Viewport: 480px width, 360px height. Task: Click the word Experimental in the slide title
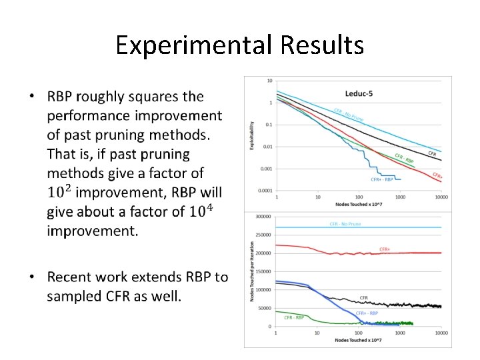[x=193, y=45]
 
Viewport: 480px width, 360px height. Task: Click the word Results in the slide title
[x=322, y=45]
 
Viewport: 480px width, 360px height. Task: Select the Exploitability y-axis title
[x=251, y=135]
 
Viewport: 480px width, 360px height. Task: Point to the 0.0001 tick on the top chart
[x=264, y=191]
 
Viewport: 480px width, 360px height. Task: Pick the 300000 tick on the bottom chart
[x=263, y=217]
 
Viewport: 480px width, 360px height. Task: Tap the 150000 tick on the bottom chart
[x=263, y=271]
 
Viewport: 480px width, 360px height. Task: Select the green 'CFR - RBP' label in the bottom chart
[x=294, y=317]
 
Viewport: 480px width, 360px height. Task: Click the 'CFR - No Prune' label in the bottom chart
[x=345, y=224]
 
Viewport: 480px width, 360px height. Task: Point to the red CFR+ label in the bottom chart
[x=385, y=249]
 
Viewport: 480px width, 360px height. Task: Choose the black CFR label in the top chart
[x=432, y=153]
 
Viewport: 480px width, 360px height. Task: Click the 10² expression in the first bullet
[x=59, y=193]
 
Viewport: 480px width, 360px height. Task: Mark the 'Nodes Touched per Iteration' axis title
[x=251, y=271]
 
